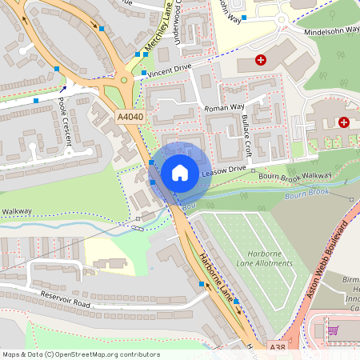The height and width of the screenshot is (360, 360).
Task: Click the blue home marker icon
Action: click(180, 173)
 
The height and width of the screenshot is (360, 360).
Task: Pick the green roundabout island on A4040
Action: click(125, 80)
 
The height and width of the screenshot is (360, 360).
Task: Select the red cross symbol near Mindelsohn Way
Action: click(259, 60)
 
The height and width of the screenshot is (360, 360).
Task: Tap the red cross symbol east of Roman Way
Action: click(343, 122)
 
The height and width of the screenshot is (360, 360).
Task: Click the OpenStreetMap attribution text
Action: click(80, 354)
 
